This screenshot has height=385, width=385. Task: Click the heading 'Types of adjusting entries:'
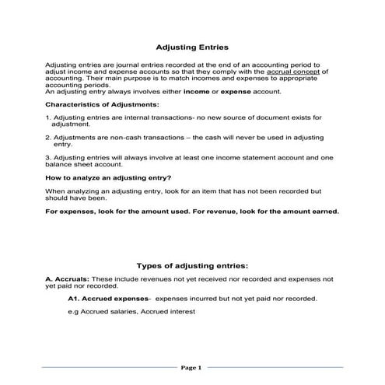point(192,264)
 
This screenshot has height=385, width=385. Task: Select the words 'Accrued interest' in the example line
point(167,311)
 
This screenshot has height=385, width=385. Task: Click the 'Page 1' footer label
point(191,367)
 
